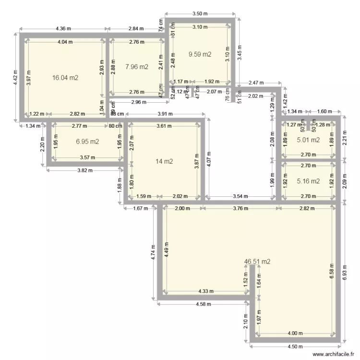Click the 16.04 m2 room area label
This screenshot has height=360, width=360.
tap(65, 77)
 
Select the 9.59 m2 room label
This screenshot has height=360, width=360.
tap(200, 54)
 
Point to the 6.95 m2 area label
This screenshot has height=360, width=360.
tap(87, 142)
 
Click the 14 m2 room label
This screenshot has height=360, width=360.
tap(162, 161)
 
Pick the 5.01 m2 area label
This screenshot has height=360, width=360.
tap(308, 140)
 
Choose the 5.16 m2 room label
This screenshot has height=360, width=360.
tap(308, 181)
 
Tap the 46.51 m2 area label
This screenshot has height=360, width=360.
tap(257, 262)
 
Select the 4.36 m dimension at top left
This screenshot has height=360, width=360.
tap(63, 29)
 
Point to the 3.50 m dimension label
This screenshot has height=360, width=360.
tap(200, 14)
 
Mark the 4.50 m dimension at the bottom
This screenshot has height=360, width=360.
tap(295, 347)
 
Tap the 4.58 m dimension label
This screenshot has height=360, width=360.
tap(204, 304)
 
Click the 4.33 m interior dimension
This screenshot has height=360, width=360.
tap(206, 291)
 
